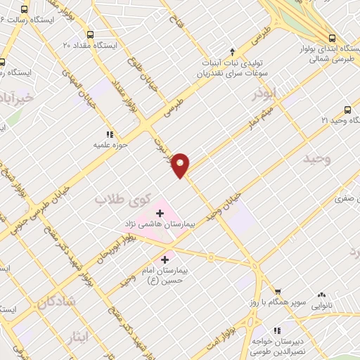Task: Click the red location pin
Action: (181, 165)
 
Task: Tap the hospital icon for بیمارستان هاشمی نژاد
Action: (159, 212)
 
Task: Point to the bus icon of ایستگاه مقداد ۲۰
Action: (89, 34)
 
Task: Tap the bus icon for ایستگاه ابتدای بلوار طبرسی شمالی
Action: (333, 38)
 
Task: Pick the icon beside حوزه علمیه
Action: (109, 134)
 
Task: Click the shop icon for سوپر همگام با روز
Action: (278, 292)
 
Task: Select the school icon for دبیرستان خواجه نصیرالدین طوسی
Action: (276, 329)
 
